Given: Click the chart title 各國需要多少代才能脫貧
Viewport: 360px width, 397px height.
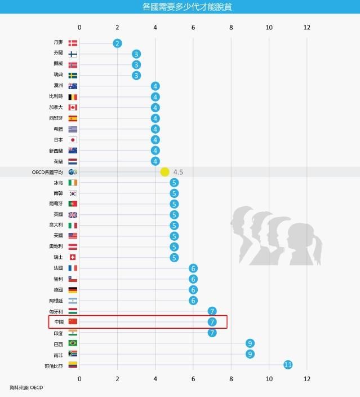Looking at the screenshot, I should point(180,7).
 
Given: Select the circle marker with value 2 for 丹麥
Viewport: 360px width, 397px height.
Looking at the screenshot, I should point(117,43).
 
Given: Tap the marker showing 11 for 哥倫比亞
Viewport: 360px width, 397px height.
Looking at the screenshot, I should point(288,365).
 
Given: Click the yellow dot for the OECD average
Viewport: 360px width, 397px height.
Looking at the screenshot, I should point(165,172).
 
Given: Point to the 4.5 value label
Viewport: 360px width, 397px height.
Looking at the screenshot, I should point(179,172).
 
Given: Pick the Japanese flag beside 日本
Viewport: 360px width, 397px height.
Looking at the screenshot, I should point(73,140).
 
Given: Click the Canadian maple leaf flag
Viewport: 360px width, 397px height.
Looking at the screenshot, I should point(73,108).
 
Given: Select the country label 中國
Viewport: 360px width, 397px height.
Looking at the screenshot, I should point(59,322).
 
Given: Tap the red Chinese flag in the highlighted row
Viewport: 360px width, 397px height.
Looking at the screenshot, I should point(73,322).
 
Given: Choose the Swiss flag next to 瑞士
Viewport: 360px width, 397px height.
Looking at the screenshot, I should point(73,258).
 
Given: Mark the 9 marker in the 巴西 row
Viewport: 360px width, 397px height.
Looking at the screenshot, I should point(250,343).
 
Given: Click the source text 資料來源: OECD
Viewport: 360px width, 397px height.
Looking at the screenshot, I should point(26,387).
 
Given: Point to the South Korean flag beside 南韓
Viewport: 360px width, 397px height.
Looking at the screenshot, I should point(73,193).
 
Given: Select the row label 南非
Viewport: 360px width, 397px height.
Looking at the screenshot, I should point(59,354).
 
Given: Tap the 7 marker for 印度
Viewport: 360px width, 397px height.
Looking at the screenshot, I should point(212,333).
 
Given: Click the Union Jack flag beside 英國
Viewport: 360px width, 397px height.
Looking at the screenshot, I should point(73,215).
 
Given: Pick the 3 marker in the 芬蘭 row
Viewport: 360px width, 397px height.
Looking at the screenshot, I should point(136,54).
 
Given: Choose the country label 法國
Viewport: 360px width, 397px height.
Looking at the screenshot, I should point(59,268).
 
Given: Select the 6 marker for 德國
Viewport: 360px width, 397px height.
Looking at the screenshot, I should point(193,290).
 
